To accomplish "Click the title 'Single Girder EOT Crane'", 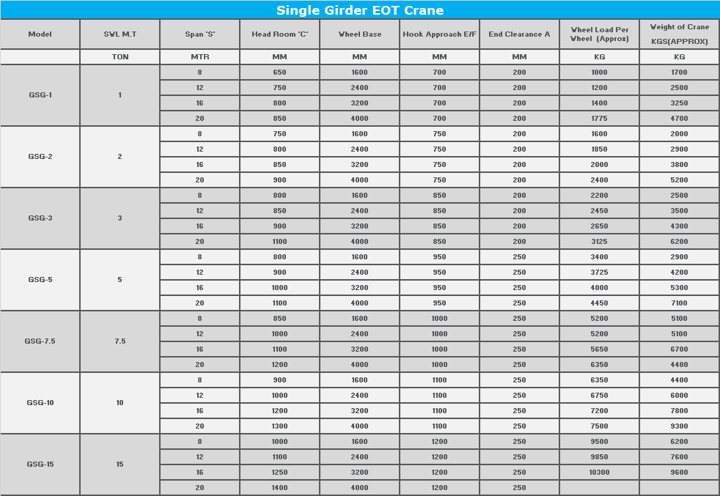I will pos(359,10).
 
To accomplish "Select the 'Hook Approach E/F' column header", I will pos(439,34).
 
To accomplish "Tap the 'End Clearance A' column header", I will pos(519,34).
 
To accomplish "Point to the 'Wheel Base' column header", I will pos(359,34).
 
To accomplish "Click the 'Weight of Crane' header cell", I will pos(679,34).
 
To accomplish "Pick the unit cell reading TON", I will pos(120,57).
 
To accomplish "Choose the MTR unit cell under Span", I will pos(199,57).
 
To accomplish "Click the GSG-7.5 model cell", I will pos(40,341).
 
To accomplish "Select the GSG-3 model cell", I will pos(40,218).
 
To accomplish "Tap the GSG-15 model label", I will pos(40,464).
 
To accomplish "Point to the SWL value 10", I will pos(120,403).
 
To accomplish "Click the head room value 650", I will pos(279,73).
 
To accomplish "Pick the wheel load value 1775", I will pos(599,119).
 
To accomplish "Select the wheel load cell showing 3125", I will pos(599,242).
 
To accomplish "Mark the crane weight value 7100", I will pos(679,303).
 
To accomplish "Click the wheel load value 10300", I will pos(599,473).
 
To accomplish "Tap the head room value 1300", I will pos(279,426).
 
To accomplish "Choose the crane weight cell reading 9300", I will pos(679,426).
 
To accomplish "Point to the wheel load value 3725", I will pos(599,273).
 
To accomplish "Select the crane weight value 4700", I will pos(679,119).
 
